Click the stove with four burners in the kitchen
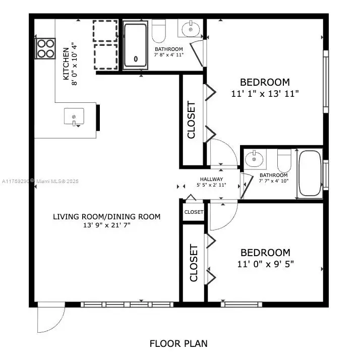point(45,48)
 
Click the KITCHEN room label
point(66,64)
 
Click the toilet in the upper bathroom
point(159,31)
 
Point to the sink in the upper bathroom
point(191,29)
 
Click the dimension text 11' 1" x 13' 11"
point(265,93)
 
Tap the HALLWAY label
point(211,179)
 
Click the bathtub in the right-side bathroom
point(309,173)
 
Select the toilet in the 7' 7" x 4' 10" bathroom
point(284,160)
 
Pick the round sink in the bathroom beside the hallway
point(255,160)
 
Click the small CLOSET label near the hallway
point(194,212)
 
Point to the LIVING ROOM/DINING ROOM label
point(107,217)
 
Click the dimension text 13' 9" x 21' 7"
point(107,226)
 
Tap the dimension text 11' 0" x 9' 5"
point(265,263)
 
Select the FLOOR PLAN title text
point(178,344)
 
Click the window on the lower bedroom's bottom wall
point(241,305)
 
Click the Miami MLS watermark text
point(44,181)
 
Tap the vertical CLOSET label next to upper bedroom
point(192,120)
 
